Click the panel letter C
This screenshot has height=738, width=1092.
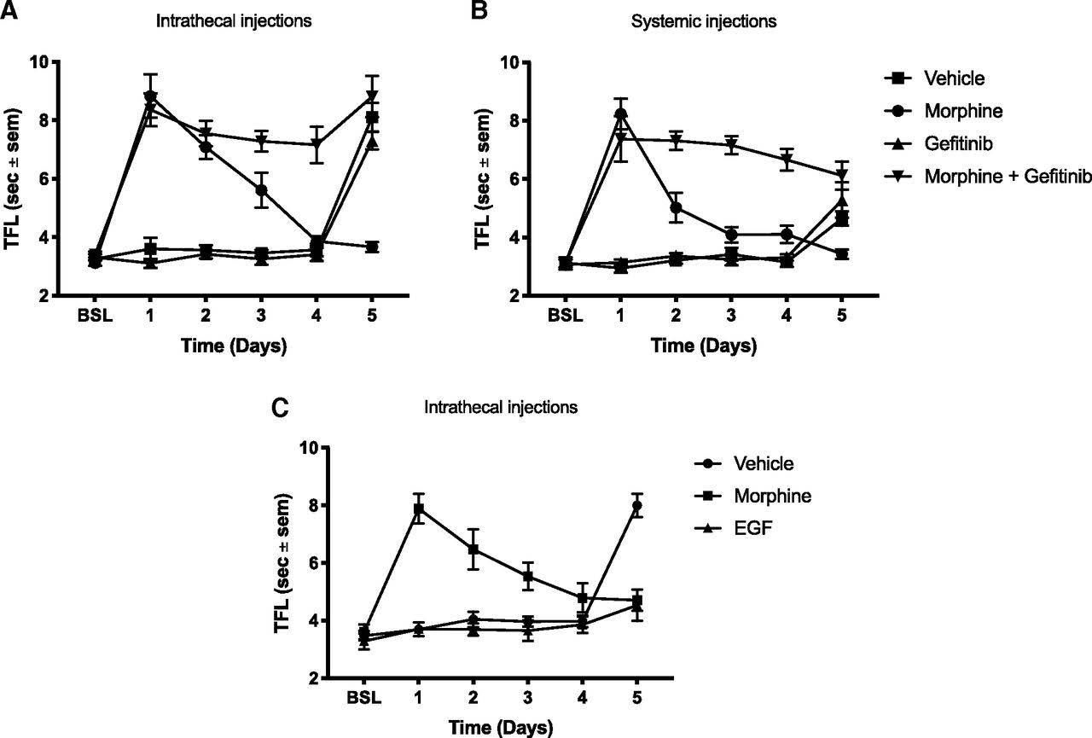tap(278, 407)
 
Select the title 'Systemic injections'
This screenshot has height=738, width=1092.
tap(704, 21)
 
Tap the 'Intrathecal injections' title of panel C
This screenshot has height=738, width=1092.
tap(501, 407)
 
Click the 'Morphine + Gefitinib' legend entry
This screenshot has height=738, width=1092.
tap(1008, 176)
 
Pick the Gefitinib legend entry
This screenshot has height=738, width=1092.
tap(955, 143)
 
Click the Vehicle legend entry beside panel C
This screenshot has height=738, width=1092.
tap(764, 463)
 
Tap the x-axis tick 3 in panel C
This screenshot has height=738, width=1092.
tap(528, 698)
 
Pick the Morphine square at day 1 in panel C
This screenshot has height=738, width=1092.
tap(419, 508)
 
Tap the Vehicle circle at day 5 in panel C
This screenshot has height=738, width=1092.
tap(636, 505)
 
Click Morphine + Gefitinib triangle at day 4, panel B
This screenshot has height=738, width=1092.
tap(785, 160)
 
